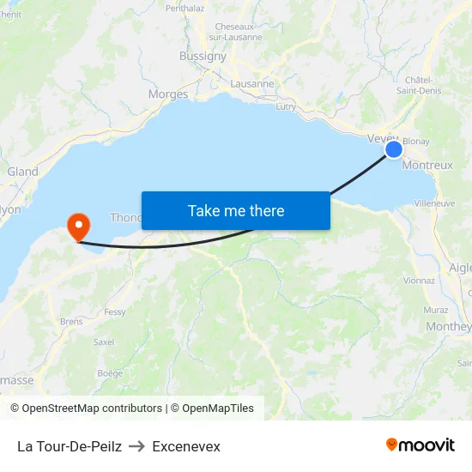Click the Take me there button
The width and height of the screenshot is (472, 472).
pos(236,210)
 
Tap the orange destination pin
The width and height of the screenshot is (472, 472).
pos(79,226)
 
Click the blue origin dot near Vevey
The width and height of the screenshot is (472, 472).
pos(394,149)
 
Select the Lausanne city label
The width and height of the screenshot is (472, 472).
pos(252,84)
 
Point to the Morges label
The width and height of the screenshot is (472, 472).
pos(168,94)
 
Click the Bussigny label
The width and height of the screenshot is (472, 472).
pos(203,56)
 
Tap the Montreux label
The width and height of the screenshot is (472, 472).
pos(427,165)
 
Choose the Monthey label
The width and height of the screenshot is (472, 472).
pos(449,326)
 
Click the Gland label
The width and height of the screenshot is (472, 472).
pos(22,172)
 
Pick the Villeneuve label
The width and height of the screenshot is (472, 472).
pos(434,203)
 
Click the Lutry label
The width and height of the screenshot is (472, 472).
pos(286,107)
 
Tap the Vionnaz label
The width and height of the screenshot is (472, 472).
pos(419,280)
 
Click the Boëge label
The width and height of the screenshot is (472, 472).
pos(110,372)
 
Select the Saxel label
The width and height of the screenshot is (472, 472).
pos(104,342)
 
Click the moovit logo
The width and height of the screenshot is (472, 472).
pos(421,445)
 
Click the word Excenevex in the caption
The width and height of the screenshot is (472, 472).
pos(186,446)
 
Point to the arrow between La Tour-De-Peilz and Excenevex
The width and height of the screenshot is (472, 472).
pos(137,446)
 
